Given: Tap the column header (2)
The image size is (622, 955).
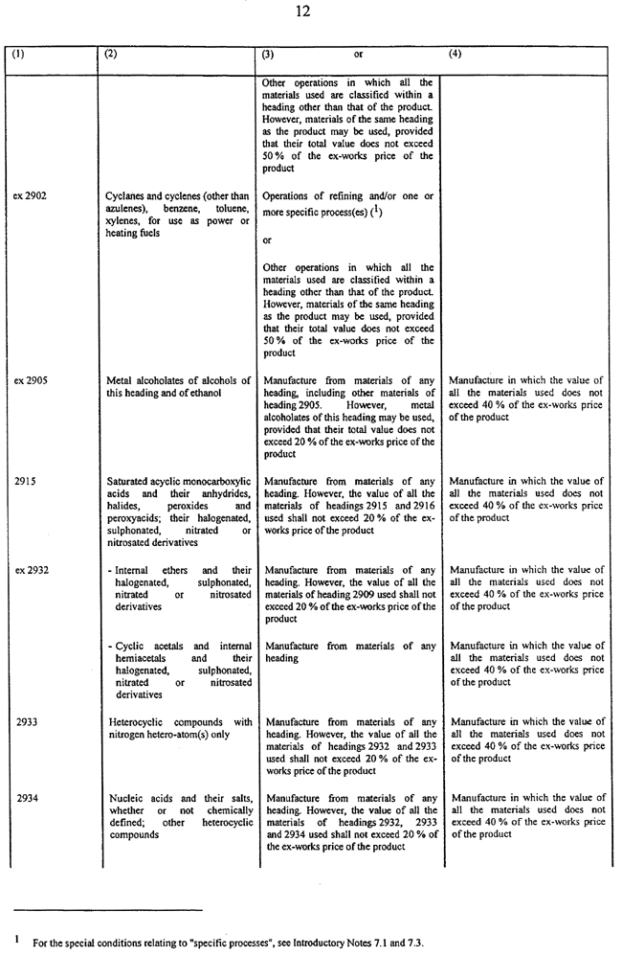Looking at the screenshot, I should coord(111,55).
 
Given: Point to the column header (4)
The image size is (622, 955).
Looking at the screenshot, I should coord(455,55).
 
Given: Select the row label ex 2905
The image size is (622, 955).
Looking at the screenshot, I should coord(31,379).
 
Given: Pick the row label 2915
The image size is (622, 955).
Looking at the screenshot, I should coord(25,481).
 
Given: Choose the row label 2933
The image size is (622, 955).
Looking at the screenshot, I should coord(25,722).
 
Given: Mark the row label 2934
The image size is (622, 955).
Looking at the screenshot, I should coord(25,798).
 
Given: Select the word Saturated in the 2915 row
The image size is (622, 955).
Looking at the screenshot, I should coord(130,481).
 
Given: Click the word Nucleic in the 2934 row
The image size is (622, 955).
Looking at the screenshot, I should coord(124,798).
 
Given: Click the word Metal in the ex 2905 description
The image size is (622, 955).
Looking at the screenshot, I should coord(120,379).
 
